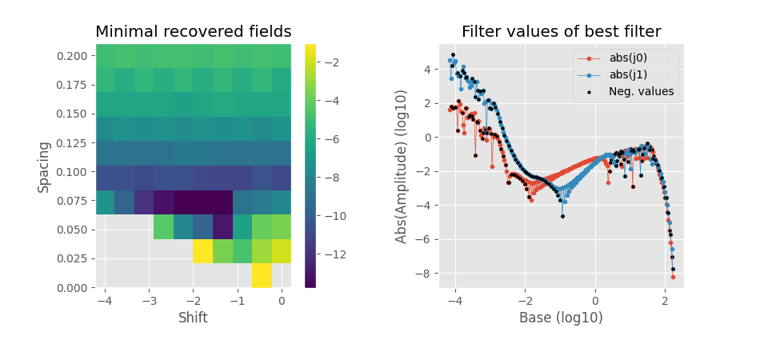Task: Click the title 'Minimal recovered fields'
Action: tap(193, 32)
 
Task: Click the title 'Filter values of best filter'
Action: tap(561, 32)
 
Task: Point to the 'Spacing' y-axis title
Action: tap(45, 166)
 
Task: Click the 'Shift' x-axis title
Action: tap(193, 318)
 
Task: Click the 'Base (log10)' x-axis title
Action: tap(561, 318)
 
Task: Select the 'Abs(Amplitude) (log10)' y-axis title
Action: tap(402, 166)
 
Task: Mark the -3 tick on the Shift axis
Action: tap(149, 301)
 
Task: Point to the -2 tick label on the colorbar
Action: tap(333, 62)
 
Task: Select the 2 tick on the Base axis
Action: tap(665, 301)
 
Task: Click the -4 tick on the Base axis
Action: tap(455, 301)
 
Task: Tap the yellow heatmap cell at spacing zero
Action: tap(262, 275)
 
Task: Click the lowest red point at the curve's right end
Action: tap(673, 277)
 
